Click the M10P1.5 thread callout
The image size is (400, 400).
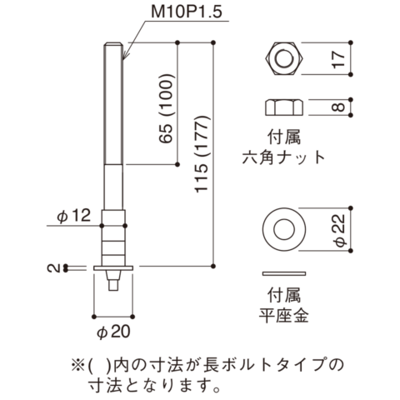[x=187, y=12]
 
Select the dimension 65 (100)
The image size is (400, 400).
[x=166, y=108]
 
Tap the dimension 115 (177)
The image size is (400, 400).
[x=202, y=154]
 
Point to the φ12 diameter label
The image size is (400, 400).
[x=74, y=216]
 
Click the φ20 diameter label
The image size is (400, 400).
[x=113, y=332]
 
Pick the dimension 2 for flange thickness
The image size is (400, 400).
[x=53, y=268]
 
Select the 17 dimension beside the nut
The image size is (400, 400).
[x=338, y=59]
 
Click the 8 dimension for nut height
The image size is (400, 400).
[x=338, y=107]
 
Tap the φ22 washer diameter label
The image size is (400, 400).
[x=340, y=230]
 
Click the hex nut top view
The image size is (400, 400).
[x=284, y=58]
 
